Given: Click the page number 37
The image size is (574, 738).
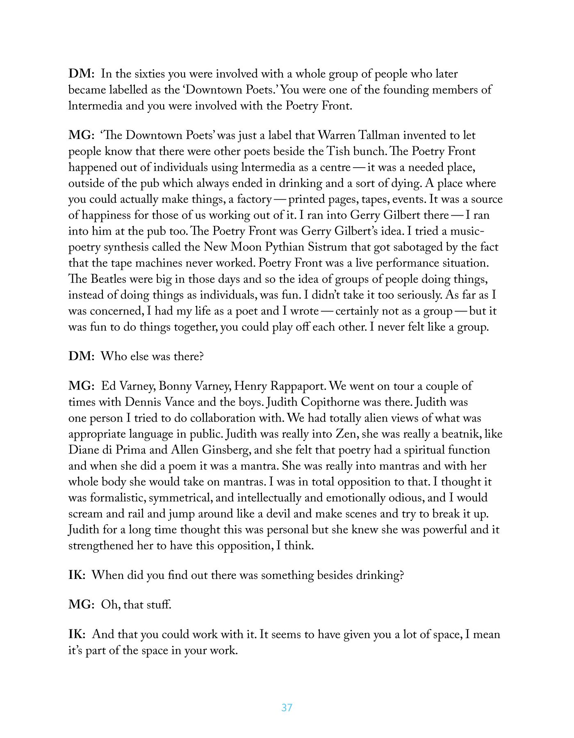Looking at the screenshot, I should [287, 707].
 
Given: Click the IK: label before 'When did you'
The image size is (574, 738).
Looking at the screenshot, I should [77, 575].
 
